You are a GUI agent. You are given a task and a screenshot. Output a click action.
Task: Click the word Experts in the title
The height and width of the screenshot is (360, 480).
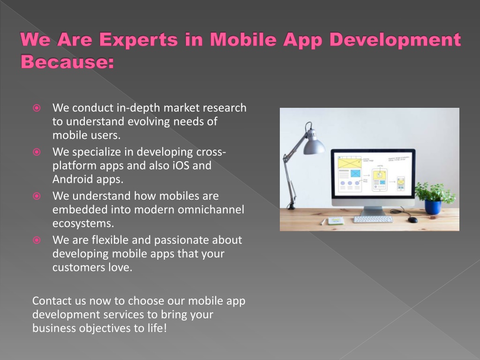click(138, 40)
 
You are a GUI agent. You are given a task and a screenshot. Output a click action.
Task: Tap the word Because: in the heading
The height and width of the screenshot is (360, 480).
click(67, 61)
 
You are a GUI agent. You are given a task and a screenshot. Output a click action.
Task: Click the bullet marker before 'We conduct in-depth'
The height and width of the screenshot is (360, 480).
click(37, 108)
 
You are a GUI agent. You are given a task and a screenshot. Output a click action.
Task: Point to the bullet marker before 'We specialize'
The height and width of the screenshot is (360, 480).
click(37, 152)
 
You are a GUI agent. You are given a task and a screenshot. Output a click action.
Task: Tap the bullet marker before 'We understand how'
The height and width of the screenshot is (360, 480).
click(37, 196)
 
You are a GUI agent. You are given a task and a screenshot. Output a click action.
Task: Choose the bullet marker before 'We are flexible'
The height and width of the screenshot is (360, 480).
click(37, 240)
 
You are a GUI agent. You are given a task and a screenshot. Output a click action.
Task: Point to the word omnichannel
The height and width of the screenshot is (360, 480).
click(211, 210)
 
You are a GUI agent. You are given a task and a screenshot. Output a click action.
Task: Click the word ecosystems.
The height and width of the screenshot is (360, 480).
click(83, 224)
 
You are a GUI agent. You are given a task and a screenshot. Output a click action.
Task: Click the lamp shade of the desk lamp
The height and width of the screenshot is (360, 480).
click(314, 143)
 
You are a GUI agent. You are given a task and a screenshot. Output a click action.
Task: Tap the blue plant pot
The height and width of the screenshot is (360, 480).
click(433, 207)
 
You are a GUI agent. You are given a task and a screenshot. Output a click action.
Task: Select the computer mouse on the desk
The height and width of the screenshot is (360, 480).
click(412, 219)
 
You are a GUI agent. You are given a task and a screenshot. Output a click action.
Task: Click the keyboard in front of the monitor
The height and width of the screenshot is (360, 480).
click(373, 219)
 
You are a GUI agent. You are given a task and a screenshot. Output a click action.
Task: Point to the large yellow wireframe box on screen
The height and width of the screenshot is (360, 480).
click(350, 162)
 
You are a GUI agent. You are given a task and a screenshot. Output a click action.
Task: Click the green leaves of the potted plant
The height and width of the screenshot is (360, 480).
click(435, 192)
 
